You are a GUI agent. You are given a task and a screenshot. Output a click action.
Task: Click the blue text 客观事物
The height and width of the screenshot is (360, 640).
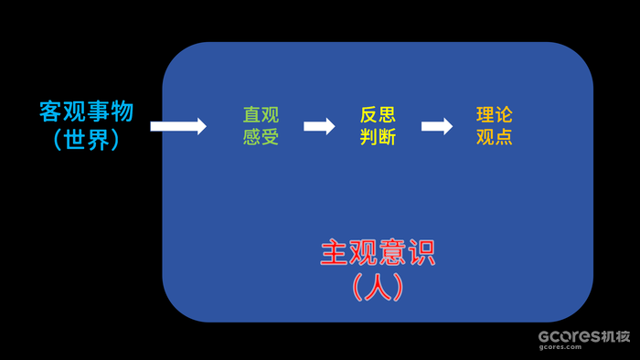point(86,111)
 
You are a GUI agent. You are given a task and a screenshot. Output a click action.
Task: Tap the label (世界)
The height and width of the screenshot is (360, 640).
point(86,140)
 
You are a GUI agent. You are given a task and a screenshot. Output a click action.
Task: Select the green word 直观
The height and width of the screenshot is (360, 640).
point(261,115)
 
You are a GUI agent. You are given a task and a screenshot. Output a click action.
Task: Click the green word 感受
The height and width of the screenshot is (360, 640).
point(261,137)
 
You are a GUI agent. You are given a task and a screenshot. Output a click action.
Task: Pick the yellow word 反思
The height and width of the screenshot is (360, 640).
point(378,115)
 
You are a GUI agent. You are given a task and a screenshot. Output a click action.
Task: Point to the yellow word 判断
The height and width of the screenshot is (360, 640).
point(378,137)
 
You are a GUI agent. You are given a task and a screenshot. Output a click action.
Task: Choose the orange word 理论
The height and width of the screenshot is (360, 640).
point(495,115)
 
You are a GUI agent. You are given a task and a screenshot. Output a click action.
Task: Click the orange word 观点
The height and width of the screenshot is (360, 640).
point(495,137)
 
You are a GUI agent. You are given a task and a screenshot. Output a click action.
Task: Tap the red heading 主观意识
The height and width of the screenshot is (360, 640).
point(378,252)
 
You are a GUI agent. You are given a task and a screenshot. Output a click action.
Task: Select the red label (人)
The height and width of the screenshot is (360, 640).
point(378,287)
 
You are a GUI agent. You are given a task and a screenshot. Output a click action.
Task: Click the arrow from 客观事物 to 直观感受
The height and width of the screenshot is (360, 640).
point(178,126)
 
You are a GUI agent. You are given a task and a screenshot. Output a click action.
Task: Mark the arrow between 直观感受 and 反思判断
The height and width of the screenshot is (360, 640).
point(319,126)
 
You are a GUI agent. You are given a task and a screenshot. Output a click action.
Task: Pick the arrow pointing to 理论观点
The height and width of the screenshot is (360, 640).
point(437,126)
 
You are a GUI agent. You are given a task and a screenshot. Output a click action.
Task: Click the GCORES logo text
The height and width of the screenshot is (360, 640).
point(568,335)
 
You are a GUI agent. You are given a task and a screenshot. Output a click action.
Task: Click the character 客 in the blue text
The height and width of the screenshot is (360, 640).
point(50,111)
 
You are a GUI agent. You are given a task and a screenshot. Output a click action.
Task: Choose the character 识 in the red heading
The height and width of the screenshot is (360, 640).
point(421,252)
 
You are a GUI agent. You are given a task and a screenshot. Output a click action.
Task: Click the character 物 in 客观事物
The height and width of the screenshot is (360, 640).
point(123,111)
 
